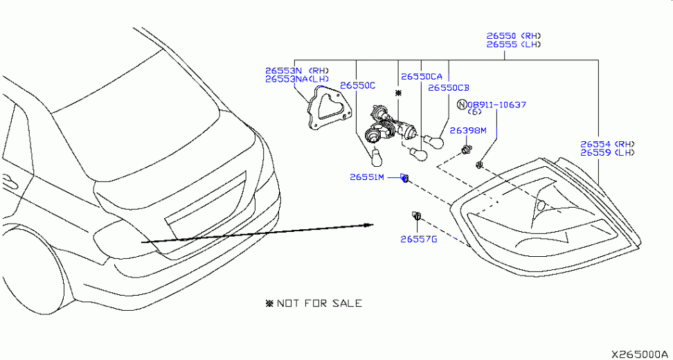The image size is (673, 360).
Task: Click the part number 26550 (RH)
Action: click(513, 36)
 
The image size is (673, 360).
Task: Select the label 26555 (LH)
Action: click(513, 44)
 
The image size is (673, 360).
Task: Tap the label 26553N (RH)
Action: click(296, 71)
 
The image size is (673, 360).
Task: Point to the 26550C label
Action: click(357, 86)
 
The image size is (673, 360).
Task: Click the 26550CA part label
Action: click(422, 77)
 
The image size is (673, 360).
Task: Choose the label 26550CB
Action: click(449, 88)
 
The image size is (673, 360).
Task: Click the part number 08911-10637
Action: click(496, 105)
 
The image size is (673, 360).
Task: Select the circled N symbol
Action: click(462, 105)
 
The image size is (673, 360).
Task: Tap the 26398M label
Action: click(468, 130)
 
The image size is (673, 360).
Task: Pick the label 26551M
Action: click(367, 177)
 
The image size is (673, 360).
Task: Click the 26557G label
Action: click(418, 240)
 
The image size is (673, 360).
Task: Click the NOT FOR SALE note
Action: click(314, 303)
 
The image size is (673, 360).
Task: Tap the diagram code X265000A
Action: click(641, 354)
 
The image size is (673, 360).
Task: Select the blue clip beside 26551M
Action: click(404, 178)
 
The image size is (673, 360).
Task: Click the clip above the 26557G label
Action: click(416, 215)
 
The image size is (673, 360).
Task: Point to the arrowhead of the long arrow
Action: click(368, 225)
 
